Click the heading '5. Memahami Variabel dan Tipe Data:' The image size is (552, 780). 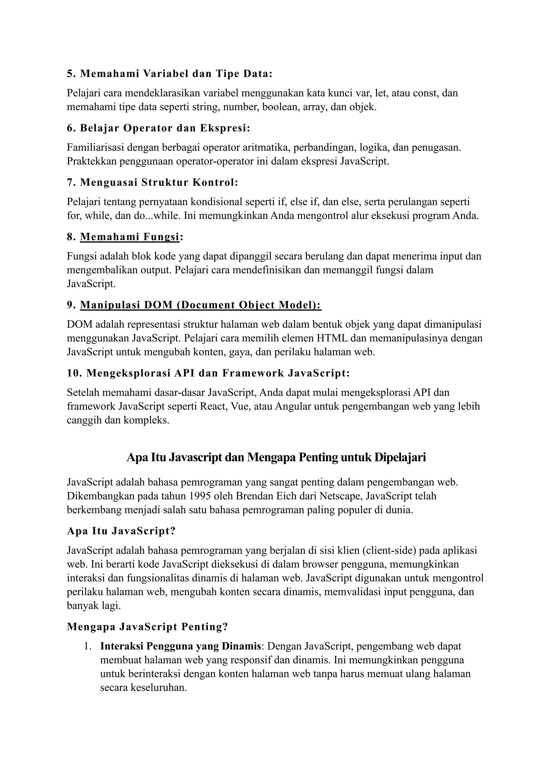170,74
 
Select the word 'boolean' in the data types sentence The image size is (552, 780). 280,107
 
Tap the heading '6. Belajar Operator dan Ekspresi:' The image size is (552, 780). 158,128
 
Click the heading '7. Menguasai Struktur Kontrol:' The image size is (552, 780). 153,182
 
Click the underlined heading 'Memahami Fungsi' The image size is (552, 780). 129,237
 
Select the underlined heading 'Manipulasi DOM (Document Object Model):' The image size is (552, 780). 201,305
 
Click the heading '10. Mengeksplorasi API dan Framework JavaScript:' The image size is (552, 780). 208,373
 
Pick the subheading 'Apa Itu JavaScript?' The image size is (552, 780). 121,531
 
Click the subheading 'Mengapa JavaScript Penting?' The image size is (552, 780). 147,626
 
